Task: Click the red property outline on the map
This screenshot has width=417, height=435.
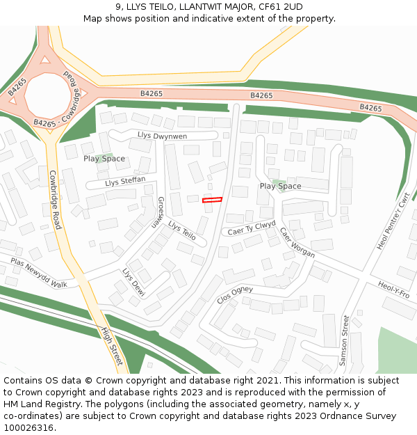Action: [x=212, y=200]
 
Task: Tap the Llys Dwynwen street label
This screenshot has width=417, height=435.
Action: [x=162, y=136]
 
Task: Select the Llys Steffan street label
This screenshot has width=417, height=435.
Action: [x=125, y=182]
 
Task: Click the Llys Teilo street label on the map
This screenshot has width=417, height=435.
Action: [x=182, y=232]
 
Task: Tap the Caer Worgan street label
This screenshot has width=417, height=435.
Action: [x=297, y=242]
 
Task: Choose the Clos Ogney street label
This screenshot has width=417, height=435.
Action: [x=235, y=294]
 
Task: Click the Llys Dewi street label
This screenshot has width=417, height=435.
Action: [x=133, y=283]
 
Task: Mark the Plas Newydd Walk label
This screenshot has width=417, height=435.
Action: [x=39, y=273]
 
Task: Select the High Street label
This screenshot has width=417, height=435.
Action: [x=111, y=346]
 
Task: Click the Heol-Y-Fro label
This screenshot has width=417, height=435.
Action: [x=394, y=290]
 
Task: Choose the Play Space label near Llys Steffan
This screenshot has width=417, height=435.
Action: [x=104, y=159]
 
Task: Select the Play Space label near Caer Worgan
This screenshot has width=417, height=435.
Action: [x=280, y=186]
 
